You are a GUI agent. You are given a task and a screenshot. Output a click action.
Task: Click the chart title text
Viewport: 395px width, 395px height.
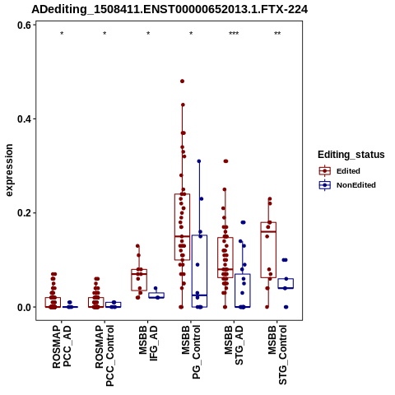coord(170,10)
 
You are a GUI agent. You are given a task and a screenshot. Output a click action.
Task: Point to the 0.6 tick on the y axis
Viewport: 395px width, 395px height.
coord(24,26)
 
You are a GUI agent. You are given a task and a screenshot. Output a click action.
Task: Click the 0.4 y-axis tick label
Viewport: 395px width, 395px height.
coord(24,119)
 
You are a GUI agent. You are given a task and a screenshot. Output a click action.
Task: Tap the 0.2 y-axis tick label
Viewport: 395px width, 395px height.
coord(24,213)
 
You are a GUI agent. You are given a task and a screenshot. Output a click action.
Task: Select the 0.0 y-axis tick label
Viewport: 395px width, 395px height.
coord(24,307)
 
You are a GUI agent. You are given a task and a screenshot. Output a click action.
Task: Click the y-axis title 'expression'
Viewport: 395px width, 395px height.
coord(9,170)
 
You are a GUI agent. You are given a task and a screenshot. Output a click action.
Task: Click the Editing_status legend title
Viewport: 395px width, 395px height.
coord(351,155)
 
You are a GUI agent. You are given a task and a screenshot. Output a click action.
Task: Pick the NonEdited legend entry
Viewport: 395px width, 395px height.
coord(347,185)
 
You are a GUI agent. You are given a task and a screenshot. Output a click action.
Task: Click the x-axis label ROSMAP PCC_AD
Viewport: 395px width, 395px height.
coord(62,346)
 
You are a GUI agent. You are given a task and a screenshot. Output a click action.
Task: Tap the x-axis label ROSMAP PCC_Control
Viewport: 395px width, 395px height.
coord(105,355)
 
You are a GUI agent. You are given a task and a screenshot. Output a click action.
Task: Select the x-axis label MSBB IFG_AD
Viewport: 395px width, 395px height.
coord(148,343)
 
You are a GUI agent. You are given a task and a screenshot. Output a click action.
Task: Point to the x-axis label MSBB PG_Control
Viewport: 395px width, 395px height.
coord(191,352)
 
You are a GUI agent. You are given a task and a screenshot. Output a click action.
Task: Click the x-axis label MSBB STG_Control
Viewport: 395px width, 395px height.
coord(277,355)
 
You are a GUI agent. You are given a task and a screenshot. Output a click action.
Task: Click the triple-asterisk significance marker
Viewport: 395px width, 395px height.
coord(234,34)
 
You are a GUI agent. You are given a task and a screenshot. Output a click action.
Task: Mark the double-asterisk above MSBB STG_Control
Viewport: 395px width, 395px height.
coord(277,34)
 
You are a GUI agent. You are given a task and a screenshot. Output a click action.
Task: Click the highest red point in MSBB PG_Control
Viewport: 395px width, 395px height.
coord(182,81)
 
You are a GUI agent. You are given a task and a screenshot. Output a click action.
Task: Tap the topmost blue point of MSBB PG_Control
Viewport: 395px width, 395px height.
coord(199,161)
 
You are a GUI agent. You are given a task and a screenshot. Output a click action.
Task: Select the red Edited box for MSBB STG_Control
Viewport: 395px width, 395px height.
coord(268,250)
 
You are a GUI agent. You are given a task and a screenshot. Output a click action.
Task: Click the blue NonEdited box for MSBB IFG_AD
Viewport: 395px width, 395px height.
coord(156,295)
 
